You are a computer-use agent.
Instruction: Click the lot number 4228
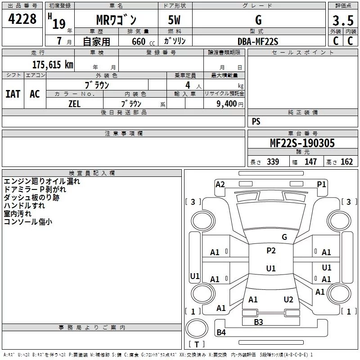click(22, 19)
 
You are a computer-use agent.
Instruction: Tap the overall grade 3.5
click(343, 20)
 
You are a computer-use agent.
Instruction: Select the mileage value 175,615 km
click(53, 64)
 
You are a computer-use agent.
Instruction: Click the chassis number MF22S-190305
click(302, 143)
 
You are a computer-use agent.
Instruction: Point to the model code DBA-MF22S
click(258, 41)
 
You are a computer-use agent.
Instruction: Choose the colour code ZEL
click(74, 104)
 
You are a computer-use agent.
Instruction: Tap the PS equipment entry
click(256, 121)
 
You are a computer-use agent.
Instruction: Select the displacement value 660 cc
click(143, 41)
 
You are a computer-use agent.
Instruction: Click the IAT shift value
click(13, 94)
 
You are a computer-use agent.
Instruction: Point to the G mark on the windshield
click(284, 237)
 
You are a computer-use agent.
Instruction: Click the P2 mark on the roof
click(271, 251)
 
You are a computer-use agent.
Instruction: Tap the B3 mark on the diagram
click(258, 322)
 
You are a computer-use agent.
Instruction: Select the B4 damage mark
click(221, 332)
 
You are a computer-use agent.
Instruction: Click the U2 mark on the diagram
click(288, 299)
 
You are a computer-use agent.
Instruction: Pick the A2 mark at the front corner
click(220, 184)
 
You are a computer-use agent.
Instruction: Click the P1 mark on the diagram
click(321, 184)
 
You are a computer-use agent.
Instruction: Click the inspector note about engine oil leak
click(42, 181)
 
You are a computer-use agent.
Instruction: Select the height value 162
click(346, 162)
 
